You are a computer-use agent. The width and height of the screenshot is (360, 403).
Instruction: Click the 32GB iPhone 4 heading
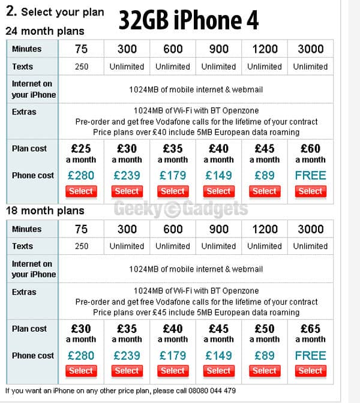[188, 20]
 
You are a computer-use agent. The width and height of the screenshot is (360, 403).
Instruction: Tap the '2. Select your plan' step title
[55, 11]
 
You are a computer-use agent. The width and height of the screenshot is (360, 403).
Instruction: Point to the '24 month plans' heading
[45, 31]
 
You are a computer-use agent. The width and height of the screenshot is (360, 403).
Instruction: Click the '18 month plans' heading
[45, 210]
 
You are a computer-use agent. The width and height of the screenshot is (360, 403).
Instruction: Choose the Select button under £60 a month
[310, 191]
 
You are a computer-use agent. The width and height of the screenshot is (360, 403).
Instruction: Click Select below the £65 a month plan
[310, 371]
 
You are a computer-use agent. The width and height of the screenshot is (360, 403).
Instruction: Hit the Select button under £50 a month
[265, 371]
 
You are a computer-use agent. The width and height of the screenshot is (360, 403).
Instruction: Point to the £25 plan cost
[81, 149]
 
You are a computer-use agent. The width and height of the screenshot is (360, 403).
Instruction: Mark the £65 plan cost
[310, 329]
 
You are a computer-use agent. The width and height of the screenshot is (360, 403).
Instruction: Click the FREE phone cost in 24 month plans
[310, 176]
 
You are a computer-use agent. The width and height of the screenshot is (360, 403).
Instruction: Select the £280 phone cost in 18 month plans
[81, 356]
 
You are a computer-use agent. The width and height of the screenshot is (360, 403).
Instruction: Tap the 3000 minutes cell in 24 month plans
[310, 49]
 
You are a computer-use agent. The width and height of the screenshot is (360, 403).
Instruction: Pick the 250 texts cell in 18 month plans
[81, 246]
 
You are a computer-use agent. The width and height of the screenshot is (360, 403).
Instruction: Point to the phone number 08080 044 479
[206, 390]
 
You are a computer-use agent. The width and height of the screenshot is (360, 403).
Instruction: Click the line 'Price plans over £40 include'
[196, 132]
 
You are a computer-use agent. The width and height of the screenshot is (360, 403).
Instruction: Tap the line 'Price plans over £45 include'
[196, 312]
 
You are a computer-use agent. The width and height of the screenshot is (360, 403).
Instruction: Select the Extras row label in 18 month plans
[24, 292]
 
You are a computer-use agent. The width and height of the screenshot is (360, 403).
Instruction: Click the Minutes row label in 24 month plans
[26, 49]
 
